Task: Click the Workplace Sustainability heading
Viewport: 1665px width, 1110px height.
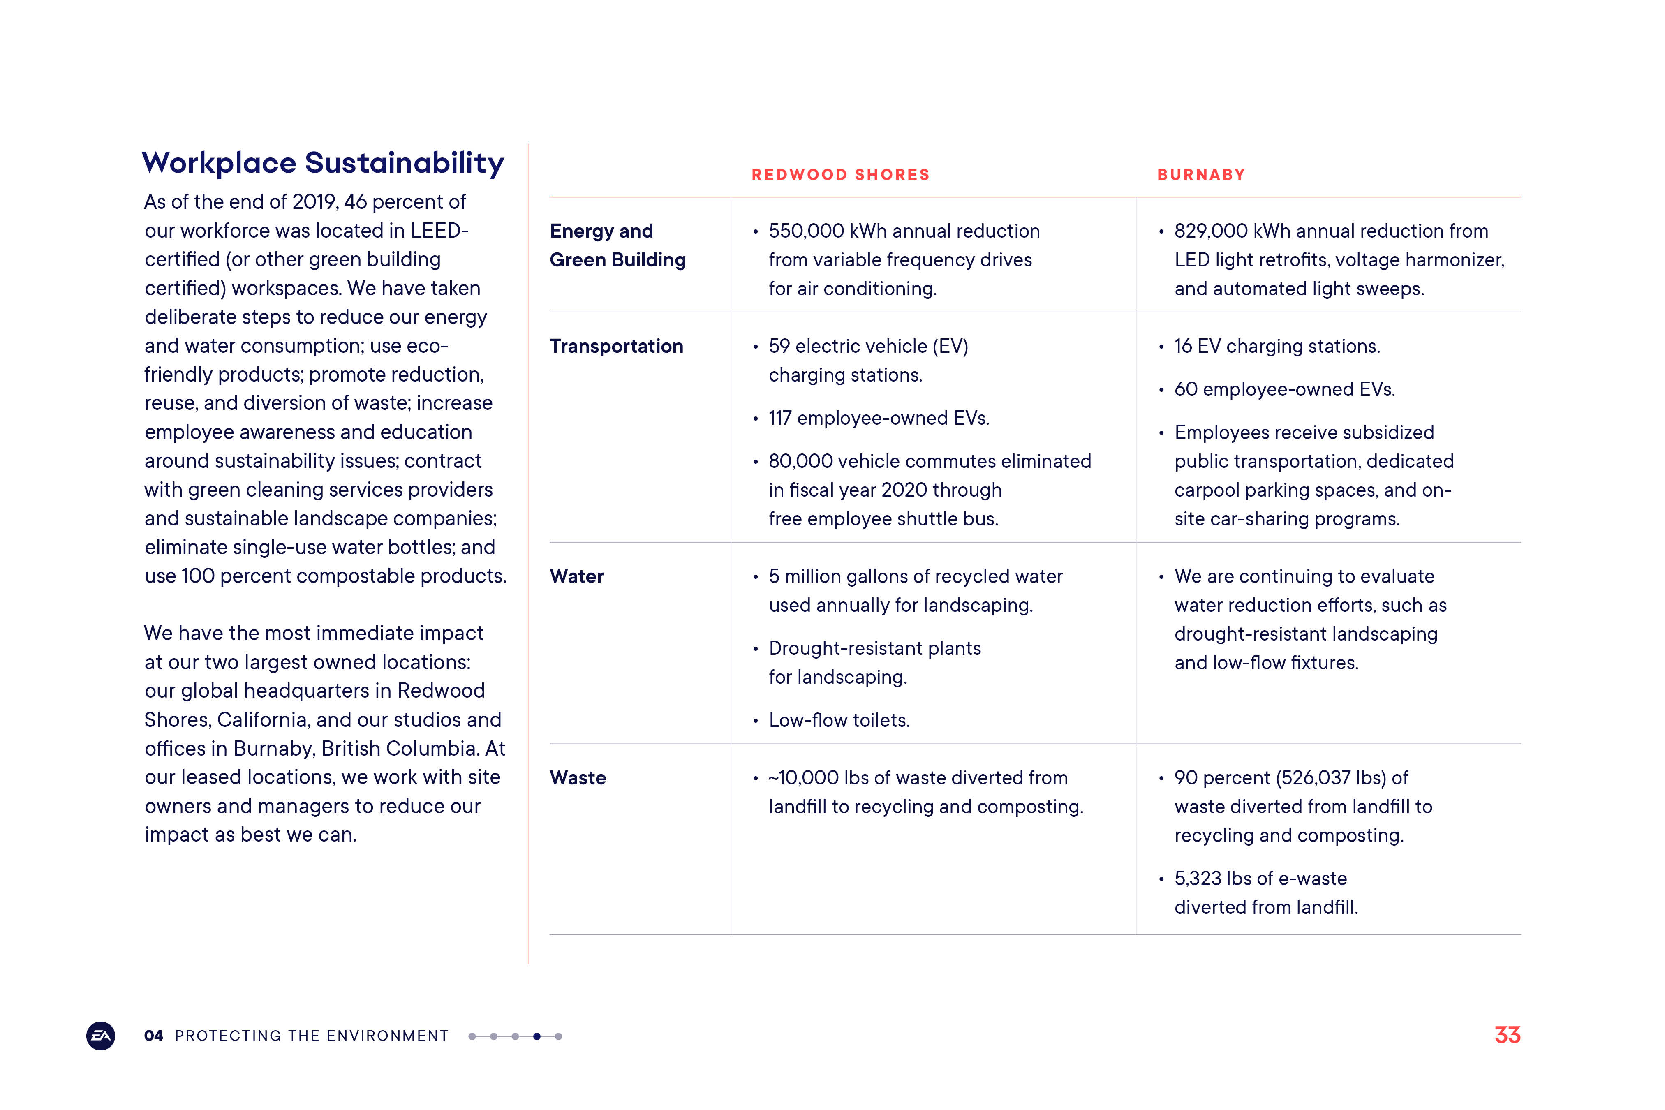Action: click(x=323, y=163)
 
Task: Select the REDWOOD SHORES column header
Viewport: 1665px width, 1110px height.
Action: click(x=840, y=175)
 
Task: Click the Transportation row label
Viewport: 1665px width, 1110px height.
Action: click(x=616, y=346)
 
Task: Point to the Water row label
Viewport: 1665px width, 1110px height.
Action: click(x=576, y=576)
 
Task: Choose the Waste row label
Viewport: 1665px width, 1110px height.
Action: click(x=578, y=777)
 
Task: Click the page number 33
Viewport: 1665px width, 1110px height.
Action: click(x=1507, y=1035)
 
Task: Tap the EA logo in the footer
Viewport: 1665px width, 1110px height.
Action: click(x=101, y=1036)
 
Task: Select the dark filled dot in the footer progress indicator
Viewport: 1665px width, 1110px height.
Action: click(x=536, y=1036)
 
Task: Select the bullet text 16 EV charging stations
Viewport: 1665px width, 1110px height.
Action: click(x=1277, y=346)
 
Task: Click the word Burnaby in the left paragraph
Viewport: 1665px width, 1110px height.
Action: click(x=274, y=748)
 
